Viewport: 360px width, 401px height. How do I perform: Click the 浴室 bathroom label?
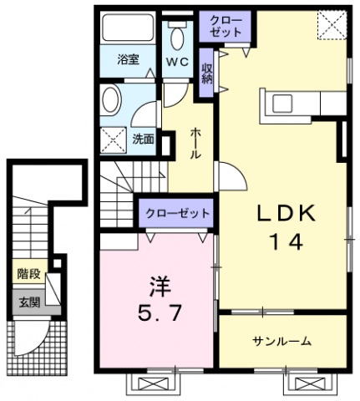tap(127, 60)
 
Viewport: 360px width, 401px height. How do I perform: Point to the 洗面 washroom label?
tap(143, 140)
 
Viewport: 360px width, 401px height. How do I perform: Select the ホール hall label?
tap(195, 145)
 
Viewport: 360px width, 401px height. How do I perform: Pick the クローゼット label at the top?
tap(222, 25)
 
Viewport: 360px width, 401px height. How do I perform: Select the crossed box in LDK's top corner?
tap(332, 27)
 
